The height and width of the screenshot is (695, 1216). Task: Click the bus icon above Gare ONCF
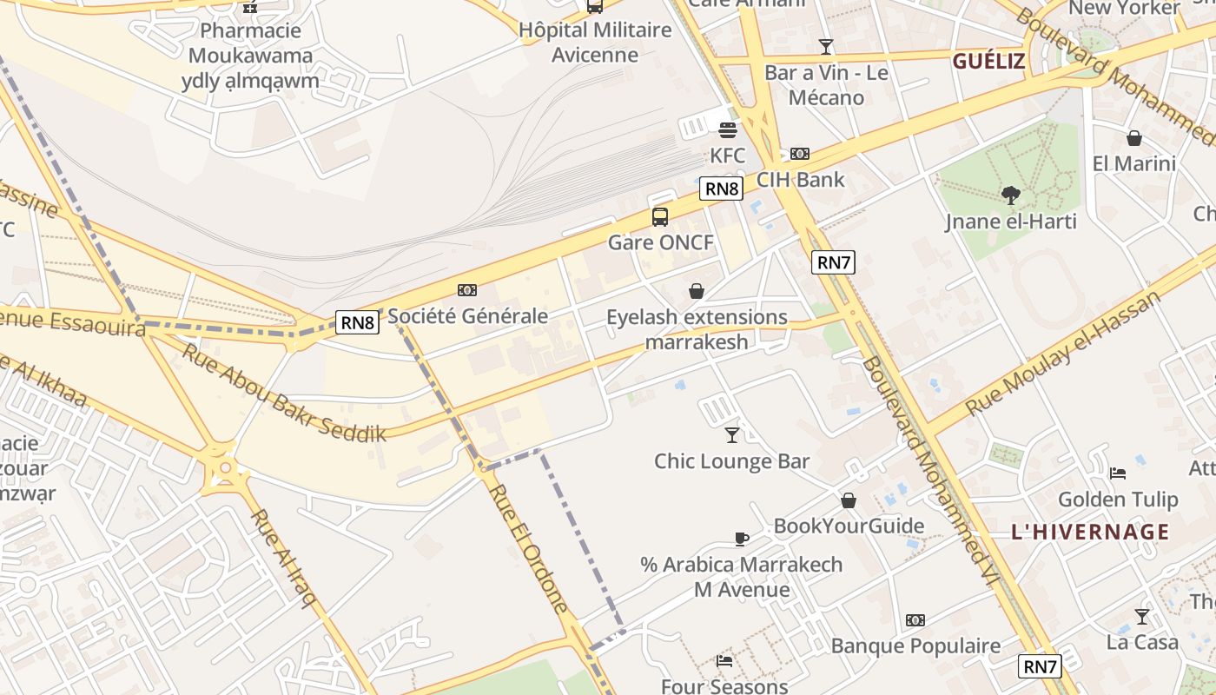click(660, 216)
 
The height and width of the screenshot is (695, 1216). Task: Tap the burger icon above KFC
click(728, 130)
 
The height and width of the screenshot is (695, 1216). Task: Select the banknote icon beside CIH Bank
click(800, 154)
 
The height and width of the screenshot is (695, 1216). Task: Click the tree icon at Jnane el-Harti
click(1010, 195)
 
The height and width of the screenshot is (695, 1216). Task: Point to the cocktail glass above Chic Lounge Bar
click(732, 434)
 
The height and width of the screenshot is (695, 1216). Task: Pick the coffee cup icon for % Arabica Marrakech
click(742, 539)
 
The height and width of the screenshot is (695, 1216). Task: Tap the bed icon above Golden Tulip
click(1118, 473)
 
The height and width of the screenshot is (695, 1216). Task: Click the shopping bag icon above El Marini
click(1134, 137)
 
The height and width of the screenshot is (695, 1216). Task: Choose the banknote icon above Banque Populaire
click(915, 620)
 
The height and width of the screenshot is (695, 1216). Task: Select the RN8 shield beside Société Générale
click(358, 322)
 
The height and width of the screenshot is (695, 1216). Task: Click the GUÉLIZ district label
click(988, 62)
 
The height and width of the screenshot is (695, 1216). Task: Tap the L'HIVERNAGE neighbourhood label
click(1090, 532)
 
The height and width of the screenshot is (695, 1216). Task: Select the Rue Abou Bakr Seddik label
click(283, 393)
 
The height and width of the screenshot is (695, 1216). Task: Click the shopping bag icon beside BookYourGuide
click(849, 500)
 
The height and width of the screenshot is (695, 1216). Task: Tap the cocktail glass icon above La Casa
click(1142, 616)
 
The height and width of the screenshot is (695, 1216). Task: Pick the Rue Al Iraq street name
click(283, 556)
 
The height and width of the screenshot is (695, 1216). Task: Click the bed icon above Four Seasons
click(724, 661)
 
